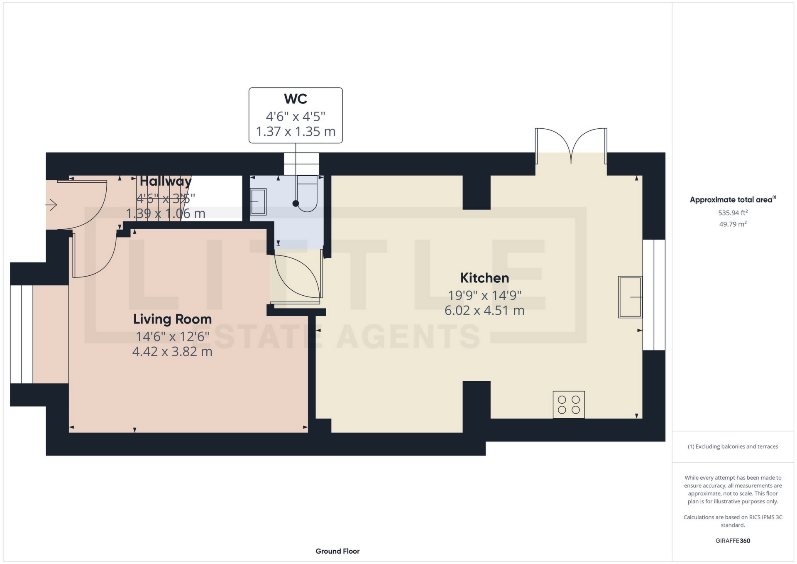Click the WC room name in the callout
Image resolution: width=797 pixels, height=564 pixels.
(x=296, y=99)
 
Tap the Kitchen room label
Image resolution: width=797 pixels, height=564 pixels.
(x=484, y=278)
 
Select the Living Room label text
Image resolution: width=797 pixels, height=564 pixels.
(x=172, y=319)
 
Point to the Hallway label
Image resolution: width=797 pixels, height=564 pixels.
(x=166, y=181)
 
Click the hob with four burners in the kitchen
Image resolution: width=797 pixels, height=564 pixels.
(x=569, y=405)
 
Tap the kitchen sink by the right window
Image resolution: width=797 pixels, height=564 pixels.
(x=630, y=297)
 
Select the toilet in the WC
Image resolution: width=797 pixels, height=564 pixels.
(x=307, y=194)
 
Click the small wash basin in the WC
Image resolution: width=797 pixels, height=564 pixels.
(x=258, y=202)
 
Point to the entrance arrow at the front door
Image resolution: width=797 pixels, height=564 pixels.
(x=51, y=205)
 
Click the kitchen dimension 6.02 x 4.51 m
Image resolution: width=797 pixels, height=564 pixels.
(x=484, y=310)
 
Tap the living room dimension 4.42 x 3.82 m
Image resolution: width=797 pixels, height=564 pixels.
(x=172, y=352)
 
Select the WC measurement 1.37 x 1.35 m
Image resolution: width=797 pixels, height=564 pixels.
(x=296, y=132)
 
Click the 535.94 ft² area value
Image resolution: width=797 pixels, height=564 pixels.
(x=733, y=213)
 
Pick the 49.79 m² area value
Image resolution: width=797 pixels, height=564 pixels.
(x=733, y=224)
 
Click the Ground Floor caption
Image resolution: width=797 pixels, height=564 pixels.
(x=337, y=551)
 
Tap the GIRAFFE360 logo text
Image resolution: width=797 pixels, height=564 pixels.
(x=733, y=541)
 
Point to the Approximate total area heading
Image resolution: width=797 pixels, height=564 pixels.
(x=733, y=200)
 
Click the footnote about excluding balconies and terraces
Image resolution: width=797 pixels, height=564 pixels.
(x=733, y=446)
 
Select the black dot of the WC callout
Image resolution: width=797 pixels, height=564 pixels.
(x=296, y=204)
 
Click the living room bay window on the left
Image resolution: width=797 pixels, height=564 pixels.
(x=22, y=334)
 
